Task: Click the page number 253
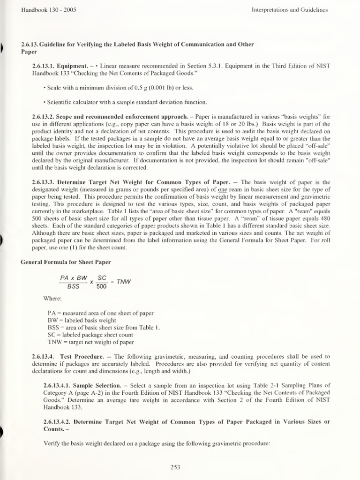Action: point(176,467)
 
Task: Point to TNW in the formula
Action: point(124,282)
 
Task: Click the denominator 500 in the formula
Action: point(101,287)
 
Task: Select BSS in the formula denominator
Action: point(74,287)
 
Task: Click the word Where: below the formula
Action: point(52,298)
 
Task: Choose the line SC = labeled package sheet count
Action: point(90,335)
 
